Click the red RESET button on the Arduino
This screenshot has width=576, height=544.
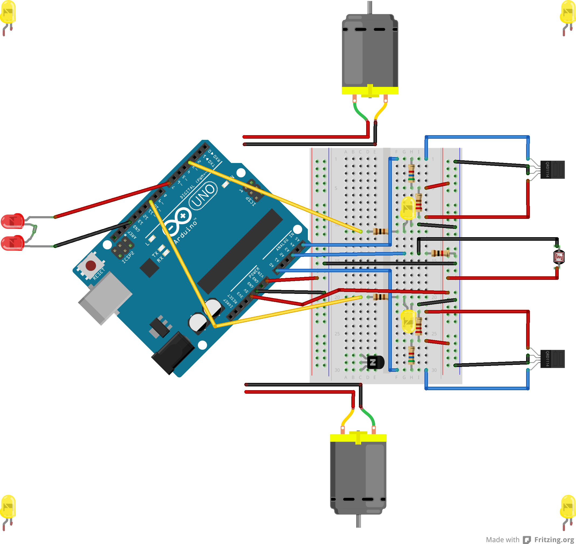coord(91,265)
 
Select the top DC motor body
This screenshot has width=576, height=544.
coord(370,52)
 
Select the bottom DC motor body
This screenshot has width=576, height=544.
coord(358,475)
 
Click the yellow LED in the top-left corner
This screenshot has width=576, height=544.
coord(8,13)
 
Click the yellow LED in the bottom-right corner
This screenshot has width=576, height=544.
coord(568,507)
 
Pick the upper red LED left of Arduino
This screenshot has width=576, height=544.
coord(12,221)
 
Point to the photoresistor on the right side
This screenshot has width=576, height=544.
coord(559,257)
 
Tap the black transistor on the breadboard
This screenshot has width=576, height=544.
coord(375,362)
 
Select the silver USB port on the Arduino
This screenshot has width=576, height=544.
coord(104,299)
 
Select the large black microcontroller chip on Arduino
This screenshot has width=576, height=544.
coord(240,251)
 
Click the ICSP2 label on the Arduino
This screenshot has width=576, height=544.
coord(128,257)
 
